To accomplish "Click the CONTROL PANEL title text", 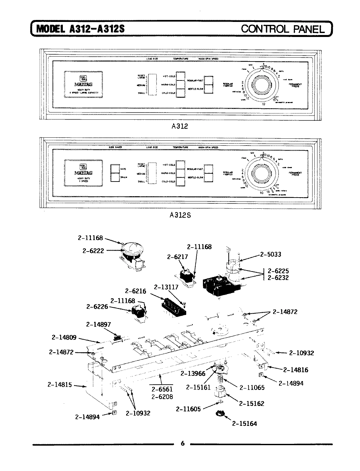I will coord(283,29).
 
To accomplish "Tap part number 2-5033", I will coord(271,254).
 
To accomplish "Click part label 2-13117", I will coord(166,287).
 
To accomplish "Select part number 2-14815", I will coord(60,385).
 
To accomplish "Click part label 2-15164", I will coord(244,423).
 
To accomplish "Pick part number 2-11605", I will coord(188,409).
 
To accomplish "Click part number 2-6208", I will coord(162,396).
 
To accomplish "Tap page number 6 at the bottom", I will coord(183,443).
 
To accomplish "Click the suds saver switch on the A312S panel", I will coord(115,173).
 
